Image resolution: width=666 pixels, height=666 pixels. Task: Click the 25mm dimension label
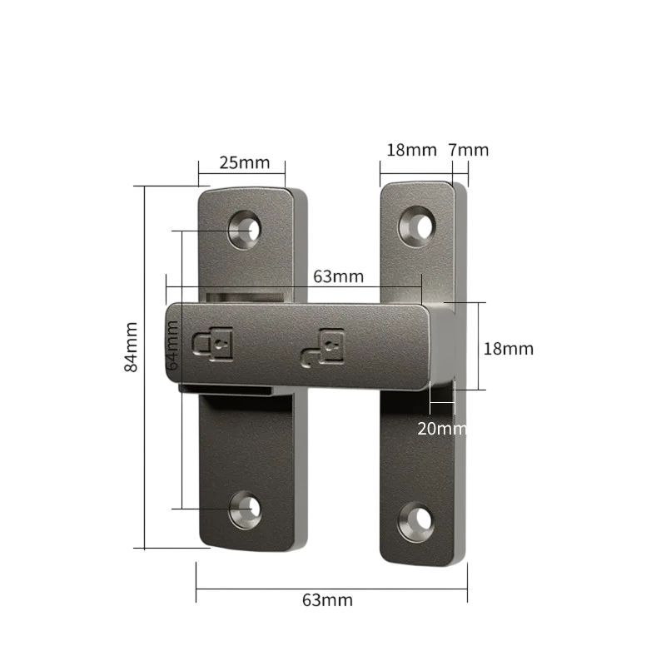coord(245,162)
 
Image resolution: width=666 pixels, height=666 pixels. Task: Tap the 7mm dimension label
coord(469,150)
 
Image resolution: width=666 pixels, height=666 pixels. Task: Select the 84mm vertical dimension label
coord(132,347)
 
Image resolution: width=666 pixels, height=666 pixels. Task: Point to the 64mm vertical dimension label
coord(172,345)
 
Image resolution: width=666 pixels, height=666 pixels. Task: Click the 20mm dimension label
coord(442,429)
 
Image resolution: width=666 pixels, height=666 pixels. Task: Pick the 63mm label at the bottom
coord(327,600)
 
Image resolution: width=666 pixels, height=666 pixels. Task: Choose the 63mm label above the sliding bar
coord(339,276)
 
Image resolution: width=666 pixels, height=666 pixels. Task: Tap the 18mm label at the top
coord(411,150)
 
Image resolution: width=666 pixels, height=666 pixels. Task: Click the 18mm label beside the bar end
coord(509,349)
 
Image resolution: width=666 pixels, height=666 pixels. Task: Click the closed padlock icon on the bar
coord(213,344)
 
